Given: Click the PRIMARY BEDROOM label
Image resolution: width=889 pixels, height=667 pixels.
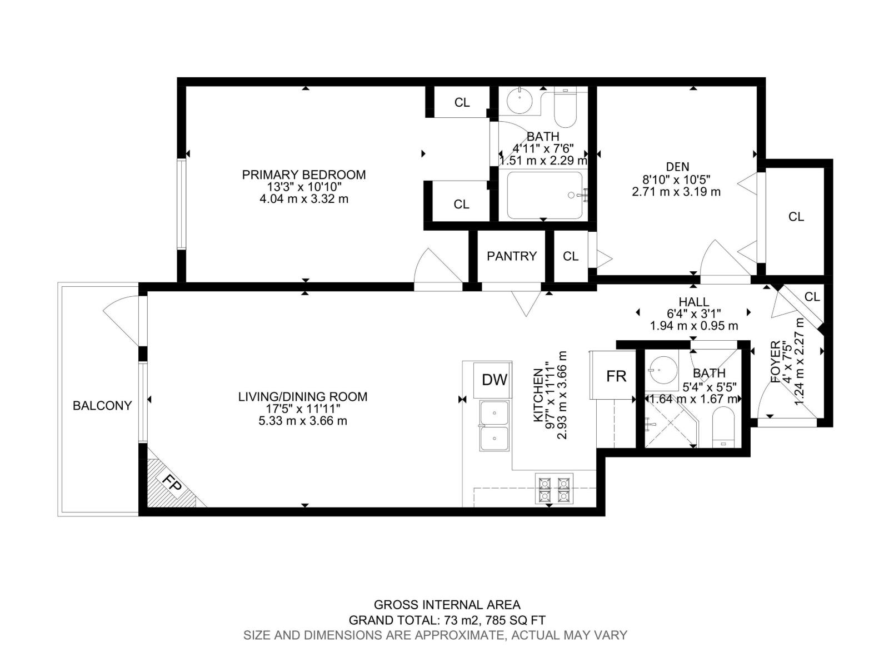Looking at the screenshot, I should pyautogui.click(x=304, y=175).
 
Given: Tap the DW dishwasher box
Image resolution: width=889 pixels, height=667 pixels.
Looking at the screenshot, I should pyautogui.click(x=494, y=380).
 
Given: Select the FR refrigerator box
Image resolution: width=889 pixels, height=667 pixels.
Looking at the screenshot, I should pyautogui.click(x=616, y=376).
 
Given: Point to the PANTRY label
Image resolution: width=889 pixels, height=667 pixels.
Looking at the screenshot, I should pyautogui.click(x=512, y=256).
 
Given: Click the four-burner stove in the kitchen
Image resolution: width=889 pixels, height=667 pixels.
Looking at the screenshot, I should pyautogui.click(x=554, y=489).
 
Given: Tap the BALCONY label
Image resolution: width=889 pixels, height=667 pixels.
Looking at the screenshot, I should pyautogui.click(x=102, y=406).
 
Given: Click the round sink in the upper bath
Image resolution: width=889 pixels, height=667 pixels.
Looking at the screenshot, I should pyautogui.click(x=520, y=101).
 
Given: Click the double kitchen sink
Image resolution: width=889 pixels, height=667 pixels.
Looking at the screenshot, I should pyautogui.click(x=494, y=426).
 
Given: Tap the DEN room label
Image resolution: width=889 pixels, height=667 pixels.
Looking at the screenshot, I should pyautogui.click(x=677, y=166).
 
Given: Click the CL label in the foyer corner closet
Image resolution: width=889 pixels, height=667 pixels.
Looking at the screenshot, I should pyautogui.click(x=812, y=297).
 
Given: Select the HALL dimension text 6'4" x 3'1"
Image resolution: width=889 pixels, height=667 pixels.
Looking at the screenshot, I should pyautogui.click(x=694, y=313).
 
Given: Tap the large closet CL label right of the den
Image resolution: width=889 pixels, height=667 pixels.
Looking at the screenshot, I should pyautogui.click(x=796, y=217).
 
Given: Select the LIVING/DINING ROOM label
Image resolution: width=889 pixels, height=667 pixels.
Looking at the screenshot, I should pyautogui.click(x=303, y=397).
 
